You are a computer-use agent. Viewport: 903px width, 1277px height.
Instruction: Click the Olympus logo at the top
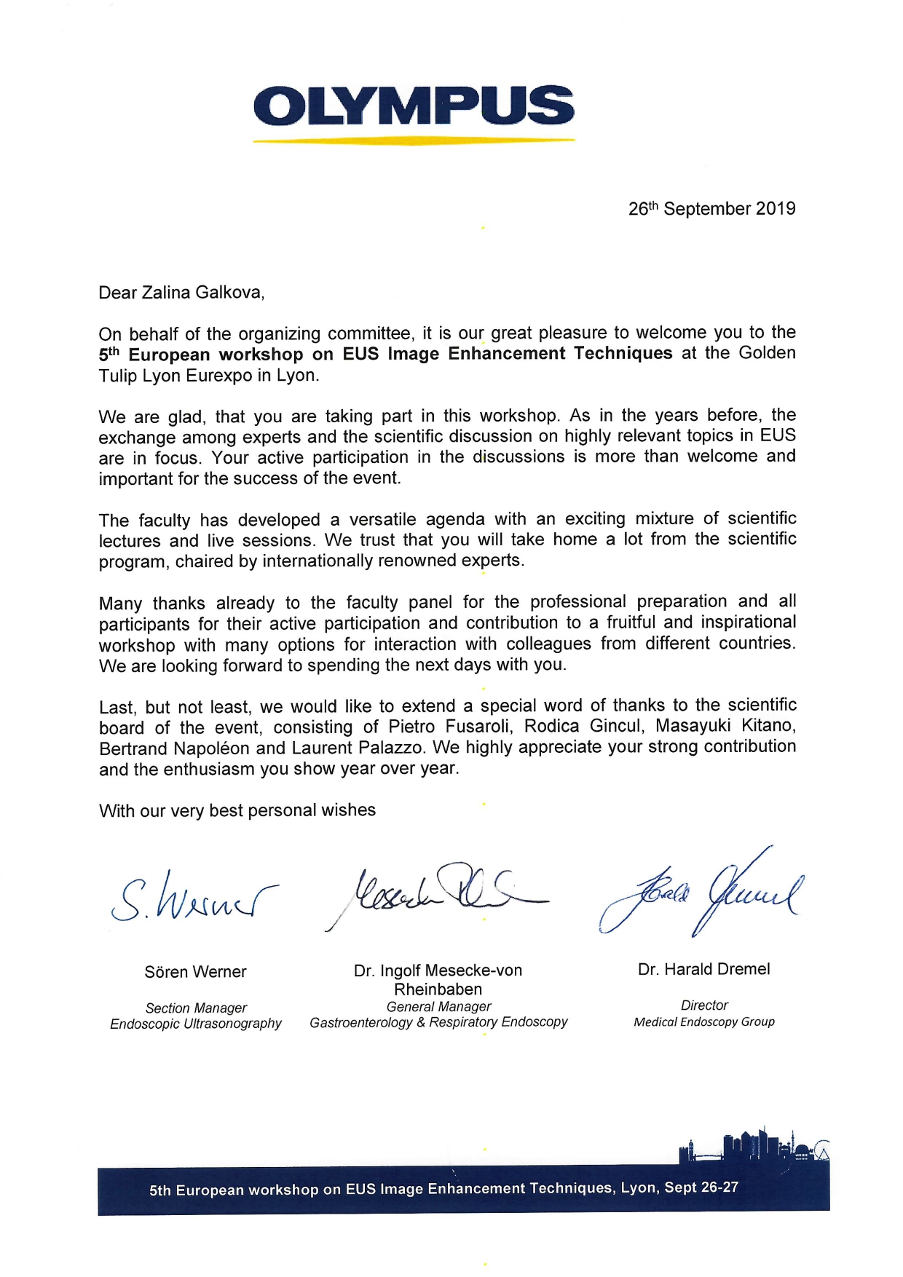coord(414,106)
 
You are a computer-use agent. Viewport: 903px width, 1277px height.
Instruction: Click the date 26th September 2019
coord(711,209)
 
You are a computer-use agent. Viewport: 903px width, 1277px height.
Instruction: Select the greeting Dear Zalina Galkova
coord(181,293)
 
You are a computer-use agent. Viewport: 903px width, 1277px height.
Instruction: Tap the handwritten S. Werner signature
coord(193,897)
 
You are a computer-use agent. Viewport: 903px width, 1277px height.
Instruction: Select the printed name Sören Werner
coord(195,972)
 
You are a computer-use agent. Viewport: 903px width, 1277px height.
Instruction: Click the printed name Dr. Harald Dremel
coord(703,969)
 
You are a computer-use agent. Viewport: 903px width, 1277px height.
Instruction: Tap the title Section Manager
coord(196,1008)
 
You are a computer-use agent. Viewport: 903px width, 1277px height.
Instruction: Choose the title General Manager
coord(438,1006)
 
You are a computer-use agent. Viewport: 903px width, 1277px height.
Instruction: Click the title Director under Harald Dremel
coord(704,1005)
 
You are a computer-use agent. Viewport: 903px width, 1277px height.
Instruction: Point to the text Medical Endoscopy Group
coord(704,1021)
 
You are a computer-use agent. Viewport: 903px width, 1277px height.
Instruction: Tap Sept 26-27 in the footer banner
coord(701,1187)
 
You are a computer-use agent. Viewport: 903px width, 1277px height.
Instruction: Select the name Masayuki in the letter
coord(695,726)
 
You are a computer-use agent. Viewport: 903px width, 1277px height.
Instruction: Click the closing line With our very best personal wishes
coord(237,810)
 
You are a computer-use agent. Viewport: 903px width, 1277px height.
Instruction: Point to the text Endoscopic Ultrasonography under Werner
coord(196,1024)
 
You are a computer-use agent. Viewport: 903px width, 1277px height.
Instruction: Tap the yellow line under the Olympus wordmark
coord(414,140)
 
